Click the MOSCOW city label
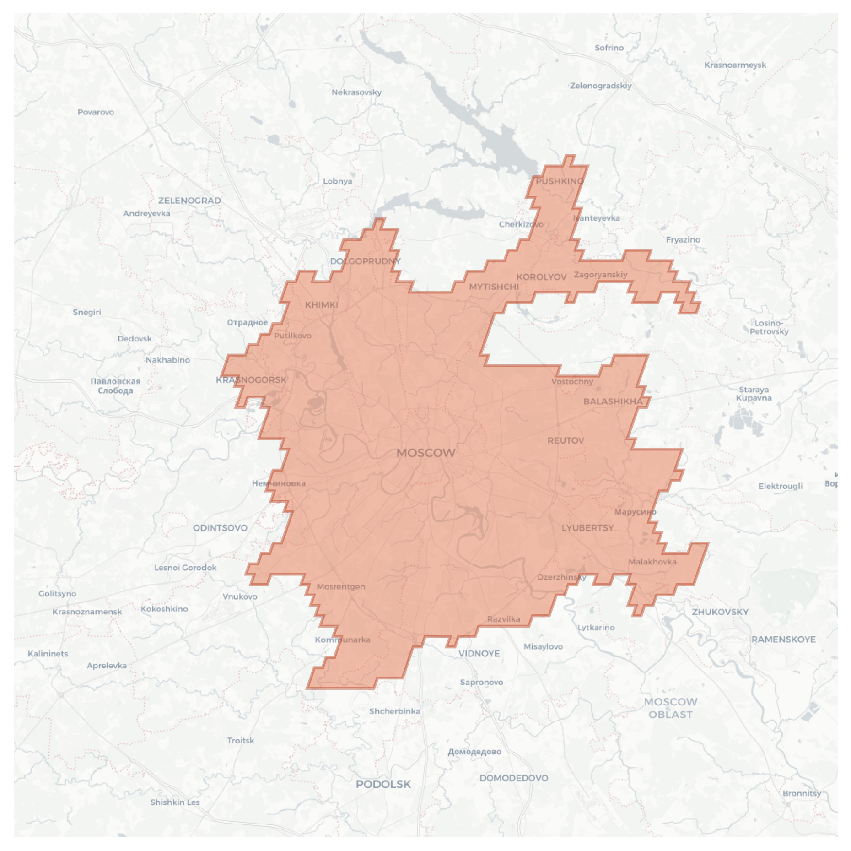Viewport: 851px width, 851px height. pyautogui.click(x=425, y=453)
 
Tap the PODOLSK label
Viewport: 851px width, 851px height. pyautogui.click(x=383, y=784)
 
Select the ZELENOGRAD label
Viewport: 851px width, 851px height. pyautogui.click(x=189, y=201)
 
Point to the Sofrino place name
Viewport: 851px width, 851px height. pyautogui.click(x=609, y=48)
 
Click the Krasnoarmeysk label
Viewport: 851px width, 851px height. pyautogui.click(x=735, y=65)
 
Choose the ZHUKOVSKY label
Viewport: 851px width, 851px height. pyautogui.click(x=720, y=612)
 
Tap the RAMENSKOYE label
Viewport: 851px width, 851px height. pyautogui.click(x=783, y=640)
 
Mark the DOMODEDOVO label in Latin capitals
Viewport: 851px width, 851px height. pyautogui.click(x=514, y=778)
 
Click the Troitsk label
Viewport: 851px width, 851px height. pyautogui.click(x=241, y=740)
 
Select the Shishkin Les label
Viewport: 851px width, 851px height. pyautogui.click(x=175, y=802)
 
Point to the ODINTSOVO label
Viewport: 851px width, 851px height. pyautogui.click(x=220, y=528)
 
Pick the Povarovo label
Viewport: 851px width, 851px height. pyautogui.click(x=96, y=112)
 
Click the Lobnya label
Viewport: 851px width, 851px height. pyautogui.click(x=338, y=181)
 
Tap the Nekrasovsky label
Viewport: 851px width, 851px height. pyautogui.click(x=356, y=92)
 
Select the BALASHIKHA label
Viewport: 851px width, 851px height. pyautogui.click(x=613, y=401)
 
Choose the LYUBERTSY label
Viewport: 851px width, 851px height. pyautogui.click(x=587, y=528)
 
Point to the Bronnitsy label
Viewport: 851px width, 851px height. pyautogui.click(x=802, y=793)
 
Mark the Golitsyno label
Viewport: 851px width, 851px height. pyautogui.click(x=57, y=594)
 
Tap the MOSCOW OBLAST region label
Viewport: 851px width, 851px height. pyautogui.click(x=670, y=708)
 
